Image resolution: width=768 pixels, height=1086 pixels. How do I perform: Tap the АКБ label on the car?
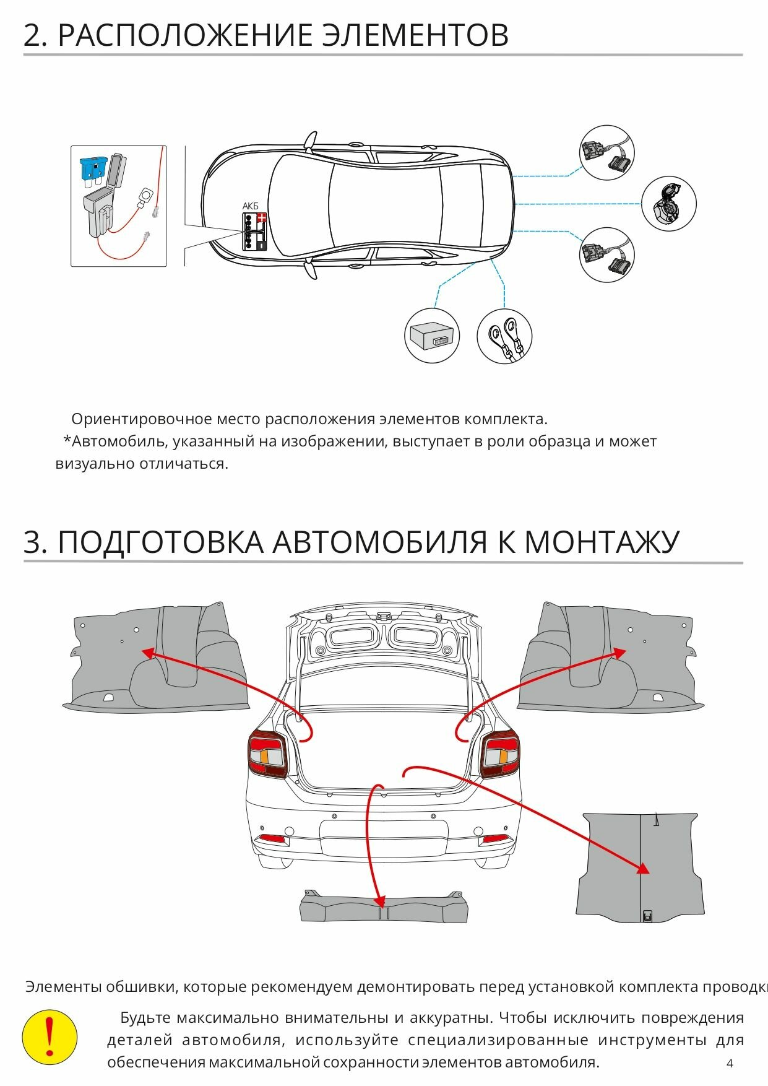tap(250, 206)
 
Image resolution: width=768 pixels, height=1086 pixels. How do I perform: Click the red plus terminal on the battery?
tap(262, 218)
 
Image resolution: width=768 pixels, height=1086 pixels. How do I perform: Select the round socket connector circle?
tap(669, 204)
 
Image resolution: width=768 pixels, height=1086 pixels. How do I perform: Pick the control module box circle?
tap(432, 336)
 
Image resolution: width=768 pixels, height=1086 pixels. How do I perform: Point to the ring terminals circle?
tap(504, 336)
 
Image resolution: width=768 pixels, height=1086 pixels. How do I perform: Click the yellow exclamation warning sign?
tap(50, 1038)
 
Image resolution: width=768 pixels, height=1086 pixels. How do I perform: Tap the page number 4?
tap(730, 1063)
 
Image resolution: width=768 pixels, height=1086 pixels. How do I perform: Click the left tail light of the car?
tap(268, 754)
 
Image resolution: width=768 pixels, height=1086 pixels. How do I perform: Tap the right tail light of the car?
tap(499, 754)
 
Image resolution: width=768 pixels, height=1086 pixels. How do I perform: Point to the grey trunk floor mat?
tap(641, 867)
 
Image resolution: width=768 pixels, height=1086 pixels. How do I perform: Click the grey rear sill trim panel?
tap(384, 908)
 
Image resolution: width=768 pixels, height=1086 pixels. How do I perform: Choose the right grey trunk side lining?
tap(610, 659)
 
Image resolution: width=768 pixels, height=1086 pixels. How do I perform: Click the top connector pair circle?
tap(607, 153)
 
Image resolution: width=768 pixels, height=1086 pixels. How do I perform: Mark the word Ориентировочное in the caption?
tap(142, 419)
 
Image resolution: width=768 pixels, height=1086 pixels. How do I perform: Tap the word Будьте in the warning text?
tap(145, 1018)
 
